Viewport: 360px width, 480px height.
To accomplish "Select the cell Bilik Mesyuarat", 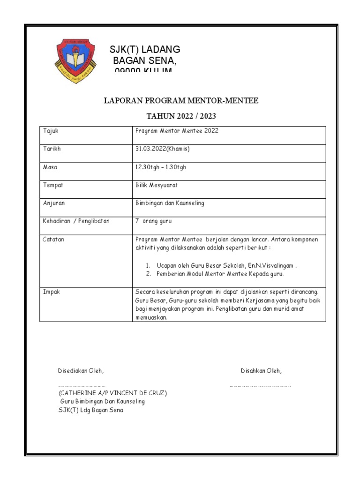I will [157, 185].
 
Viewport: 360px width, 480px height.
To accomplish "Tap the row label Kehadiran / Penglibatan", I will [76, 221].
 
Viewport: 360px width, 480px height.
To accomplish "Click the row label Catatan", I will [53, 240].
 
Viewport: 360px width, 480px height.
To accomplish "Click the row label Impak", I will [52, 292].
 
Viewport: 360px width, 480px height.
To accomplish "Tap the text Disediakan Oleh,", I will [80, 371].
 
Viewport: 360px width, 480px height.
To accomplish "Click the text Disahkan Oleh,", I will [261, 371].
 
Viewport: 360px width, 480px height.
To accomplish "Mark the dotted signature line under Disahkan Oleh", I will [260, 386].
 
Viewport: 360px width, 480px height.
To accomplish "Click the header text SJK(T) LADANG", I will [144, 50].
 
